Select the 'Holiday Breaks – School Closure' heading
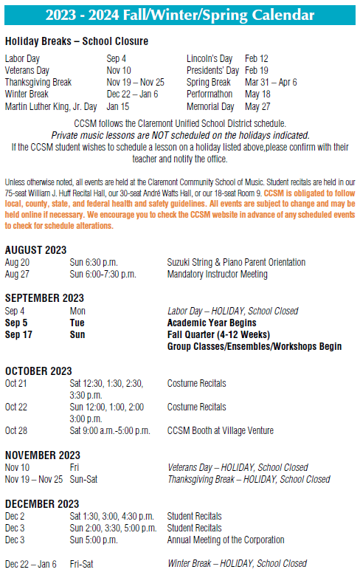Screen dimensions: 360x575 [x=76, y=41]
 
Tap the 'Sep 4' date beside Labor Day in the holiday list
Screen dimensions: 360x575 [x=116, y=58]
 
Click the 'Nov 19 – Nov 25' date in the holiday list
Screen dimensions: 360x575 [x=135, y=82]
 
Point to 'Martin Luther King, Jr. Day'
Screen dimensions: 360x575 [x=51, y=106]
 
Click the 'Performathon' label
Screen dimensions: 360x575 [x=210, y=94]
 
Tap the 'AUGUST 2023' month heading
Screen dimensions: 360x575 [x=35, y=250]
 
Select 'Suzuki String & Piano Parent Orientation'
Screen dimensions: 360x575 [x=236, y=263]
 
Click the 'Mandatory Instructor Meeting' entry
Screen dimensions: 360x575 [x=218, y=275]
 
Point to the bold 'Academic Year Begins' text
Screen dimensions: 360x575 [x=212, y=323]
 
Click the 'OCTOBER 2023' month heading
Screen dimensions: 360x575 [x=38, y=371]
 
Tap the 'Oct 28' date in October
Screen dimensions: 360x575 [x=15, y=430]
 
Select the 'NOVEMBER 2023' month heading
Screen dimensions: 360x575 [x=42, y=455]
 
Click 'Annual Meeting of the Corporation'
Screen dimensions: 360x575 [x=226, y=540]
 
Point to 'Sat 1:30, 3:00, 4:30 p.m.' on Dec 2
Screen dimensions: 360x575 [x=111, y=516]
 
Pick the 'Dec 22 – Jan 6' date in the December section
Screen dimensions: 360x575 [x=30, y=564]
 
